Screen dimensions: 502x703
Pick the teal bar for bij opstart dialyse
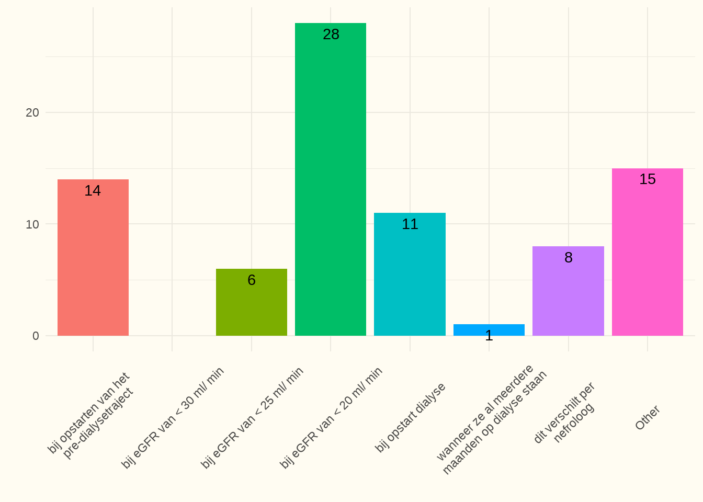tap(410, 274)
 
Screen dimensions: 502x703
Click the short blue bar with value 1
tap(489, 330)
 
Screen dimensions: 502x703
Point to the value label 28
tap(331, 35)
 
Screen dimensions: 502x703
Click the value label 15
tap(648, 179)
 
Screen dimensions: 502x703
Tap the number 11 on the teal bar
tap(410, 224)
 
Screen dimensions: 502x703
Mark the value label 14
tap(93, 191)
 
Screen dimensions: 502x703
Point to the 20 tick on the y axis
tap(32, 113)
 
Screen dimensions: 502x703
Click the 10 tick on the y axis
tap(32, 224)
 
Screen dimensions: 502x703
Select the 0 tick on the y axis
tap(36, 336)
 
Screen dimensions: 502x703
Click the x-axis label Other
tap(648, 417)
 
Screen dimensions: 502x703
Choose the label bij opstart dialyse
tap(411, 417)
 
